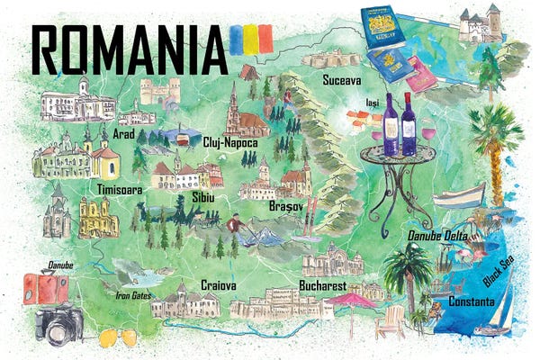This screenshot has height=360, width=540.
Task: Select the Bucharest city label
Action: click(x=322, y=286)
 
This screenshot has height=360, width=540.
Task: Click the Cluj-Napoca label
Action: click(x=230, y=143)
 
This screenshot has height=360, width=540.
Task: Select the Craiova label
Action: click(x=219, y=285)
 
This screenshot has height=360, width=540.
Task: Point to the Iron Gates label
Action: click(x=134, y=294)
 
